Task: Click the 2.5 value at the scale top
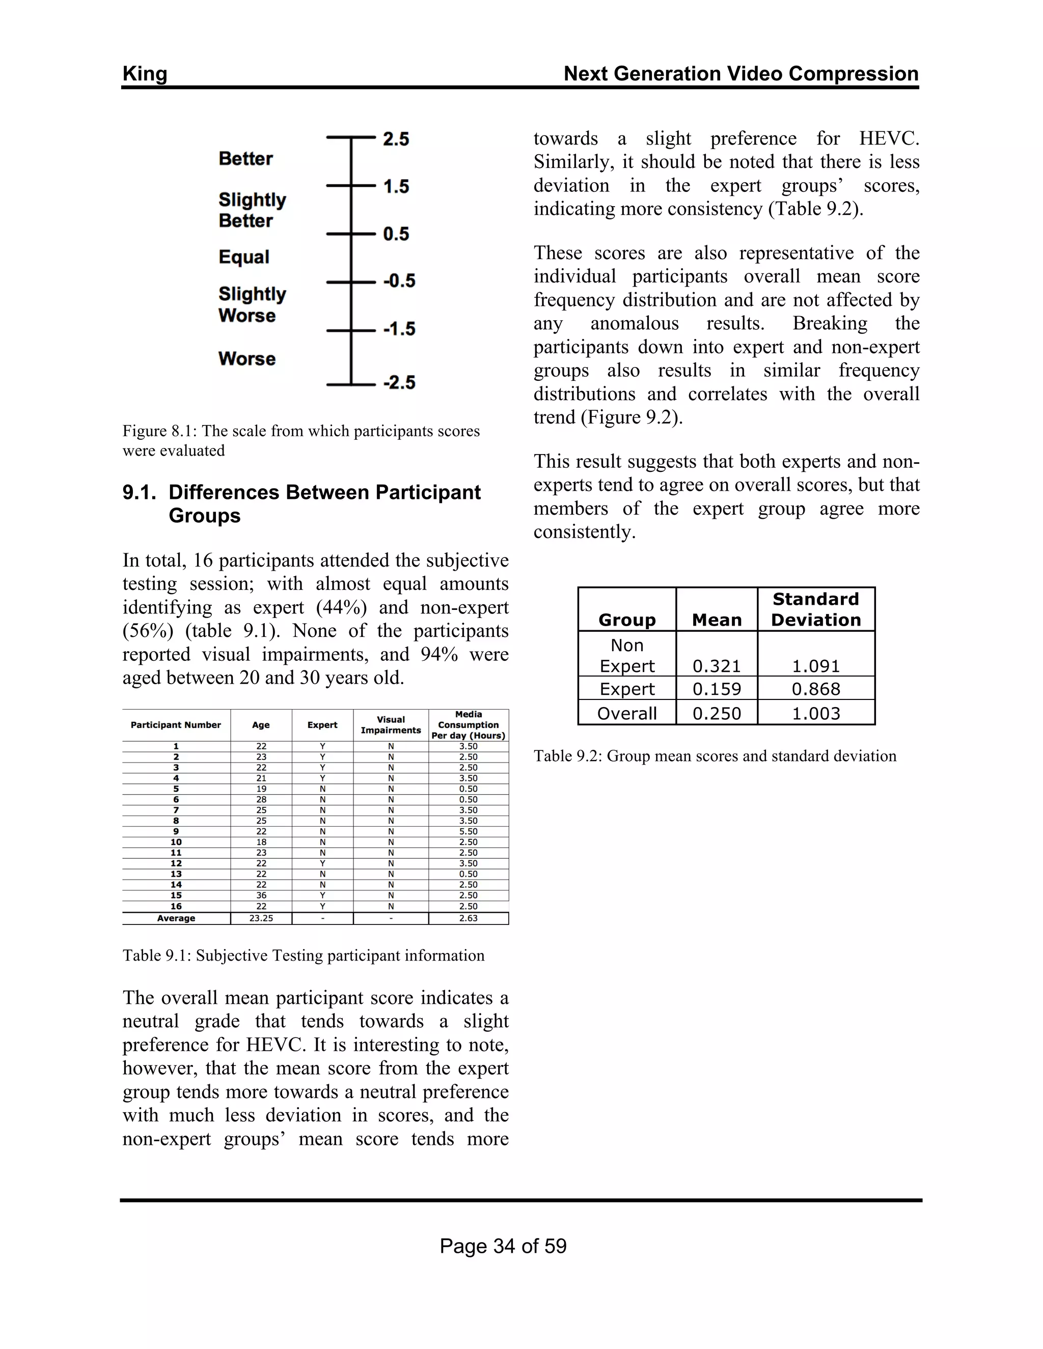click(x=395, y=139)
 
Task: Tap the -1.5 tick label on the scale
click(x=399, y=329)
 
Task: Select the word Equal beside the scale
click(x=244, y=257)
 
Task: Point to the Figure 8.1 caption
click(x=301, y=440)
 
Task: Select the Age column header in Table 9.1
click(x=261, y=725)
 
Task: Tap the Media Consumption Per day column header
click(x=469, y=725)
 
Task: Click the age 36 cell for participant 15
click(x=261, y=895)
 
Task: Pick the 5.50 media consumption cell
click(x=469, y=831)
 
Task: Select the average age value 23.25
click(x=261, y=918)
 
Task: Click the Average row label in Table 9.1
click(x=176, y=918)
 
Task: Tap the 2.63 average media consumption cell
click(x=469, y=918)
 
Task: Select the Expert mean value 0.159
click(x=717, y=689)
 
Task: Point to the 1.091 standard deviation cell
click(x=816, y=666)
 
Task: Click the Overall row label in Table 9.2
click(x=626, y=714)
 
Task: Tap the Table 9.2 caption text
click(x=715, y=756)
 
